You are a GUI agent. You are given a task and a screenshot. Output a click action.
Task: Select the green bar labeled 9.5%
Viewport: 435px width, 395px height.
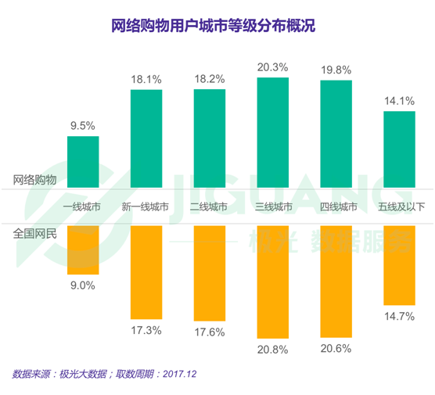coord(83,160)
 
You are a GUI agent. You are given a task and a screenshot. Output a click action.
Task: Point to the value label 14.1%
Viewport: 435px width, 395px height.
coord(400,100)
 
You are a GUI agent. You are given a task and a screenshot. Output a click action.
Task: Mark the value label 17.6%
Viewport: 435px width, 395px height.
coord(210,332)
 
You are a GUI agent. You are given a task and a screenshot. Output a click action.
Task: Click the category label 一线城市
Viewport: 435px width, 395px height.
coord(82,207)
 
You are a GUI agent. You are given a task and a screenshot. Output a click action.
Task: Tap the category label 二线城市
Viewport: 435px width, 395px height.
coord(210,207)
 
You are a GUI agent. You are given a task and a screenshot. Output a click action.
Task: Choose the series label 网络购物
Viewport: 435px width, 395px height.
coord(35,179)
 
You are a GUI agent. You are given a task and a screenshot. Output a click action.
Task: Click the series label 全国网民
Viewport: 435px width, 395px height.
coord(35,232)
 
